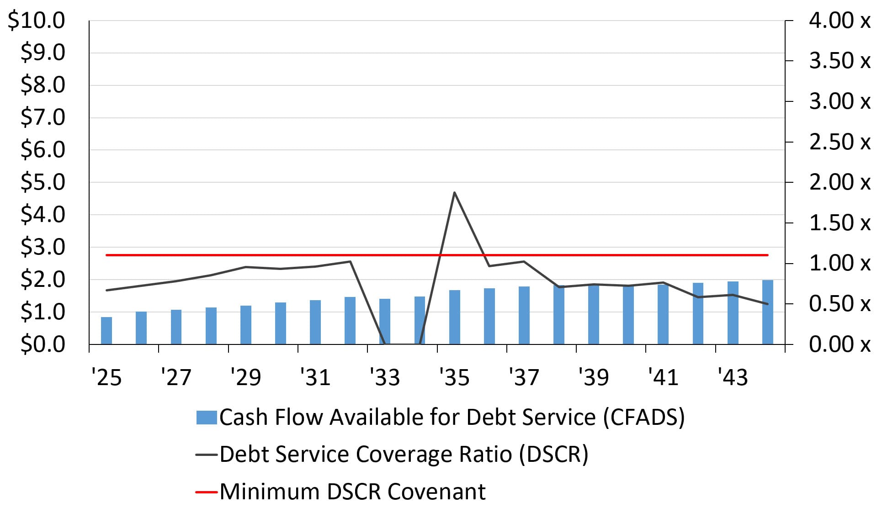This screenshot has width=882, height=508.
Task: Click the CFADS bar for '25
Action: (x=106, y=330)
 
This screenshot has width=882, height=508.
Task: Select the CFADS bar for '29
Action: (x=246, y=325)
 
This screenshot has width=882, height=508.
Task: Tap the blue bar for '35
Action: (x=455, y=317)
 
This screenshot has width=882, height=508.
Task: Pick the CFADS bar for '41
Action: (x=663, y=314)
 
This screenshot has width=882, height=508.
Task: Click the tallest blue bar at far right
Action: (x=768, y=312)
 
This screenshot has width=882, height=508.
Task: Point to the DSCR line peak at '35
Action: (x=454, y=192)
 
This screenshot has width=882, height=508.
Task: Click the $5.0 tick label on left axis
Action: (x=43, y=182)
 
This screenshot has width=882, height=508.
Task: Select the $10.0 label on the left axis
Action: (x=37, y=21)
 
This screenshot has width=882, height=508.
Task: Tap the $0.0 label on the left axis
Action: (x=43, y=344)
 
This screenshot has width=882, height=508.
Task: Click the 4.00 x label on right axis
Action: (x=839, y=21)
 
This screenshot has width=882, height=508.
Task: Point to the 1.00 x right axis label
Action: (x=839, y=264)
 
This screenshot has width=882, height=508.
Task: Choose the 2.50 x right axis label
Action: (x=839, y=142)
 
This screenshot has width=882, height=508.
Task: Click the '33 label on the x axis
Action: (x=385, y=377)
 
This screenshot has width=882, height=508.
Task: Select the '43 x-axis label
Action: (x=733, y=377)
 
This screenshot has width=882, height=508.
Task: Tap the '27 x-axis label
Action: (x=176, y=377)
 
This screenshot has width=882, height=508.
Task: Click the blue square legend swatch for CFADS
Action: (x=207, y=418)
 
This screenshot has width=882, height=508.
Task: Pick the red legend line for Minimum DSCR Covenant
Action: (x=207, y=492)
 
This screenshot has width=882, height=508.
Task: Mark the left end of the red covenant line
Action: (x=107, y=255)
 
